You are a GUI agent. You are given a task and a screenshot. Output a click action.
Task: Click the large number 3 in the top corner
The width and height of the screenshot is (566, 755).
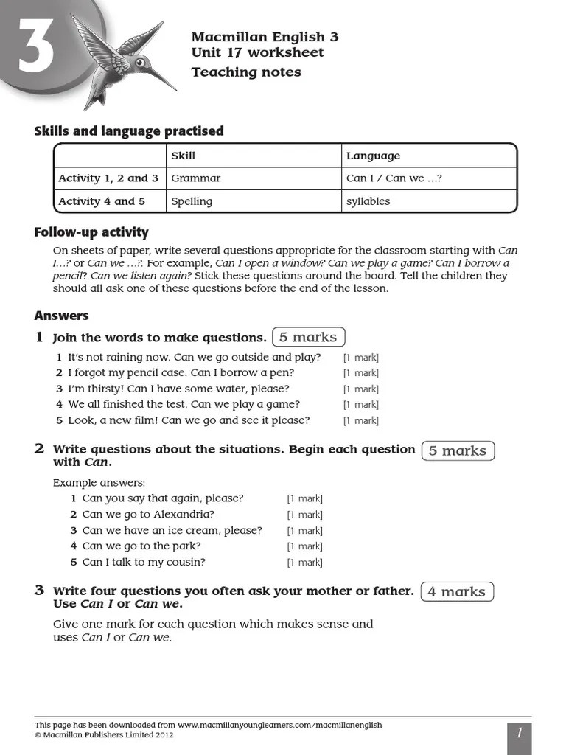(x=35, y=49)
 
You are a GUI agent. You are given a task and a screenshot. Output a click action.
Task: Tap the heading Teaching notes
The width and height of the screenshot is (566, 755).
(x=246, y=72)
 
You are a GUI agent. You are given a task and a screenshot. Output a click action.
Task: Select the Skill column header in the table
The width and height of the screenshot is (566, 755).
(x=183, y=156)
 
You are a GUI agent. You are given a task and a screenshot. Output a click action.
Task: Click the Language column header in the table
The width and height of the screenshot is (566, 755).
(x=373, y=156)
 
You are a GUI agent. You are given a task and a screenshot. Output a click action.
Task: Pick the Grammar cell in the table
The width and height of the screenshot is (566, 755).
(x=195, y=178)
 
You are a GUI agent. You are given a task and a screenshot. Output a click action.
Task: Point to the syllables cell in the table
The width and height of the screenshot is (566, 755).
(x=368, y=201)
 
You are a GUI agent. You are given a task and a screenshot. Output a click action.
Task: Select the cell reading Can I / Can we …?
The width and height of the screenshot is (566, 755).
(x=394, y=178)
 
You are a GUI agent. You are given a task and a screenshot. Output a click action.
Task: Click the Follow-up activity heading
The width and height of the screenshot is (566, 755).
(x=91, y=232)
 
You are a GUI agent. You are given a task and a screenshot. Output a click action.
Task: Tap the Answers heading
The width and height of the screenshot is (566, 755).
(x=61, y=316)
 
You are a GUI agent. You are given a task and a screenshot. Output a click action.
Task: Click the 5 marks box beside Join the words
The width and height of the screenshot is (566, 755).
(x=308, y=337)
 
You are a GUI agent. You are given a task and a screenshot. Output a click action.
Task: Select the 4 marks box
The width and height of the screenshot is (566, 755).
(x=457, y=591)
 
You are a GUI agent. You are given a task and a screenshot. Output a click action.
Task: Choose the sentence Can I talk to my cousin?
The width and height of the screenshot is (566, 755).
(x=144, y=562)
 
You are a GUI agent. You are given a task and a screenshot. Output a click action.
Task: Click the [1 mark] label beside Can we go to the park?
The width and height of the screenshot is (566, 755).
(x=304, y=546)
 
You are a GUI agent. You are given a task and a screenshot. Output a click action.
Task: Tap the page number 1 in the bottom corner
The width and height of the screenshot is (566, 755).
(x=519, y=733)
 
